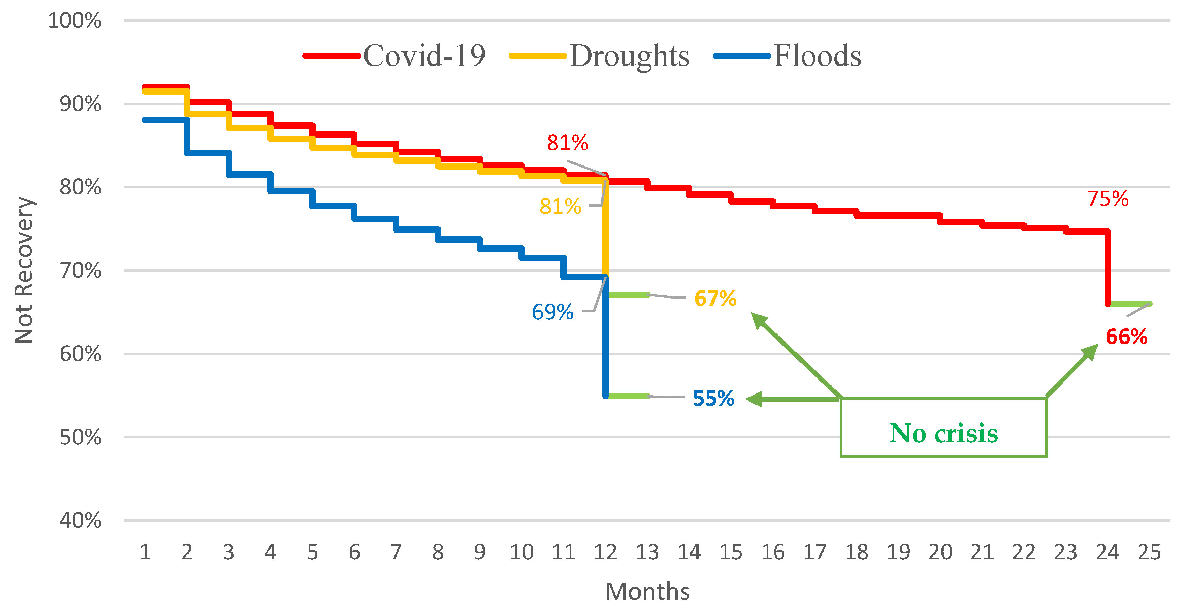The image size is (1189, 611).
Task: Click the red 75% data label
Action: click(1107, 199)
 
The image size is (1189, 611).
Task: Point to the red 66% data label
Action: click(1126, 337)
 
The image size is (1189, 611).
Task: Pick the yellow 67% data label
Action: click(715, 298)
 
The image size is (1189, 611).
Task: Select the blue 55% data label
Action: click(713, 398)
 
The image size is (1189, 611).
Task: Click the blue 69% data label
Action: click(553, 312)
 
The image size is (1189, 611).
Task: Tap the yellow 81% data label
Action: click(560, 206)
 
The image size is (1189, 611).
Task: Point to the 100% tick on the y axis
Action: click(75, 21)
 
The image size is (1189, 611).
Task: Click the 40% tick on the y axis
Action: click(80, 521)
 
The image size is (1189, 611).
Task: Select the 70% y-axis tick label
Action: click(80, 271)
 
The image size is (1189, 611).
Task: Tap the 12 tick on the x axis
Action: click(605, 552)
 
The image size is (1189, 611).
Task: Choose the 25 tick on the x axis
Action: click(1149, 552)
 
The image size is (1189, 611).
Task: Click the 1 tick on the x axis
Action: click(145, 552)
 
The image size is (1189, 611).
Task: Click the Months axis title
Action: click(647, 591)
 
